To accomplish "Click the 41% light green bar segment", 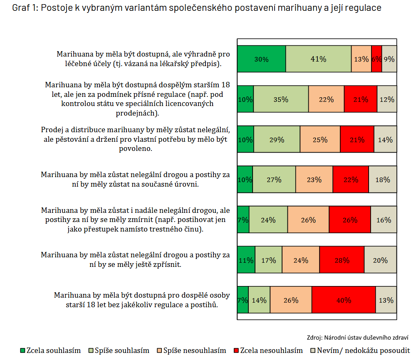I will click(x=318, y=59).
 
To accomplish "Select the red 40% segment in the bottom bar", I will click(x=344, y=300).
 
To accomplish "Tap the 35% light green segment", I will click(x=281, y=99).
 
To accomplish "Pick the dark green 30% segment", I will click(x=261, y=59).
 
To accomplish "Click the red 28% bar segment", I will click(x=342, y=260).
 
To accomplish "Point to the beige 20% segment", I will click(x=380, y=260).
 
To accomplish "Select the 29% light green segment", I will click(x=277, y=140).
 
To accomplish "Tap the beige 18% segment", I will click(x=382, y=180).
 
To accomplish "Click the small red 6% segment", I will click(x=376, y=59).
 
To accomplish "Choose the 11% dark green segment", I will click(x=246, y=260).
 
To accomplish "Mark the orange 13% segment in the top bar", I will click(x=361, y=59).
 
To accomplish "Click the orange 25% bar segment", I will click(x=320, y=140).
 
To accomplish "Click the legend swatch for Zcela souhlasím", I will click(x=23, y=350).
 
